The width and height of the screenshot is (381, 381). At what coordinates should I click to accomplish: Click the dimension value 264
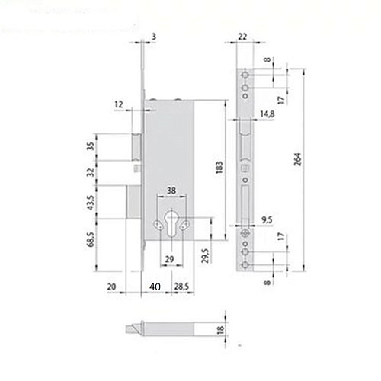[299, 159]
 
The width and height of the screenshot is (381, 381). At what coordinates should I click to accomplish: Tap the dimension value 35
[90, 146]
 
